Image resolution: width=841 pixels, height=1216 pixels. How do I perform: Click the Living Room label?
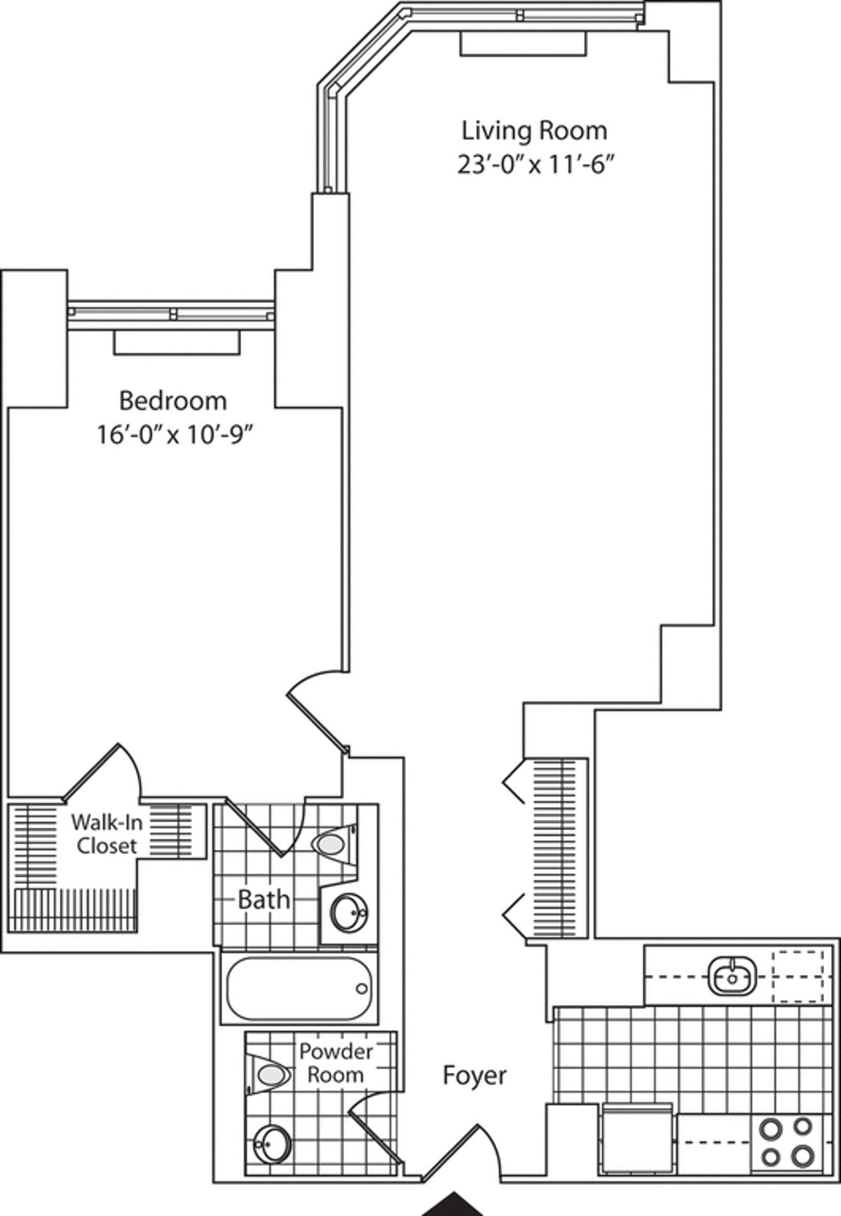click(534, 131)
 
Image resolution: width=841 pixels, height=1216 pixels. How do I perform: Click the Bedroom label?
click(173, 401)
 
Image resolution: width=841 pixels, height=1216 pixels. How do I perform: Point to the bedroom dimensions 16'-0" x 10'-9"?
click(174, 435)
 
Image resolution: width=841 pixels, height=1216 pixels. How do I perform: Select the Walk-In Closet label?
click(107, 833)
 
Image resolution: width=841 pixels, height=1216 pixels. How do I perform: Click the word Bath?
click(264, 899)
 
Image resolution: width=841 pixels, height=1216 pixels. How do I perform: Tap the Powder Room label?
click(336, 1063)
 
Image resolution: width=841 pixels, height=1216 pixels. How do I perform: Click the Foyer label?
click(474, 1075)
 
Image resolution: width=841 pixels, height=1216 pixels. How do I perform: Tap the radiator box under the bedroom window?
click(177, 342)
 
